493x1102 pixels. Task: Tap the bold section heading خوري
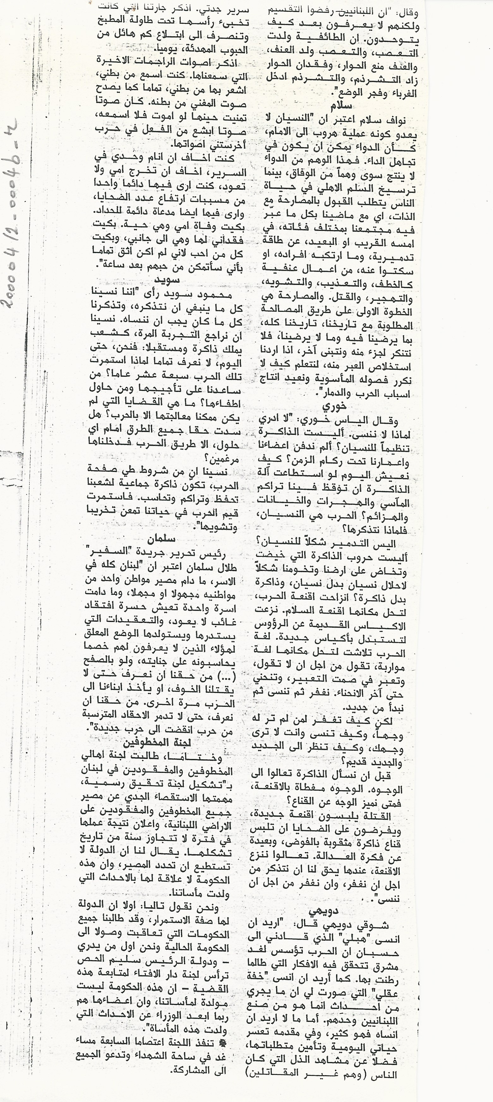coord(335,406)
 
